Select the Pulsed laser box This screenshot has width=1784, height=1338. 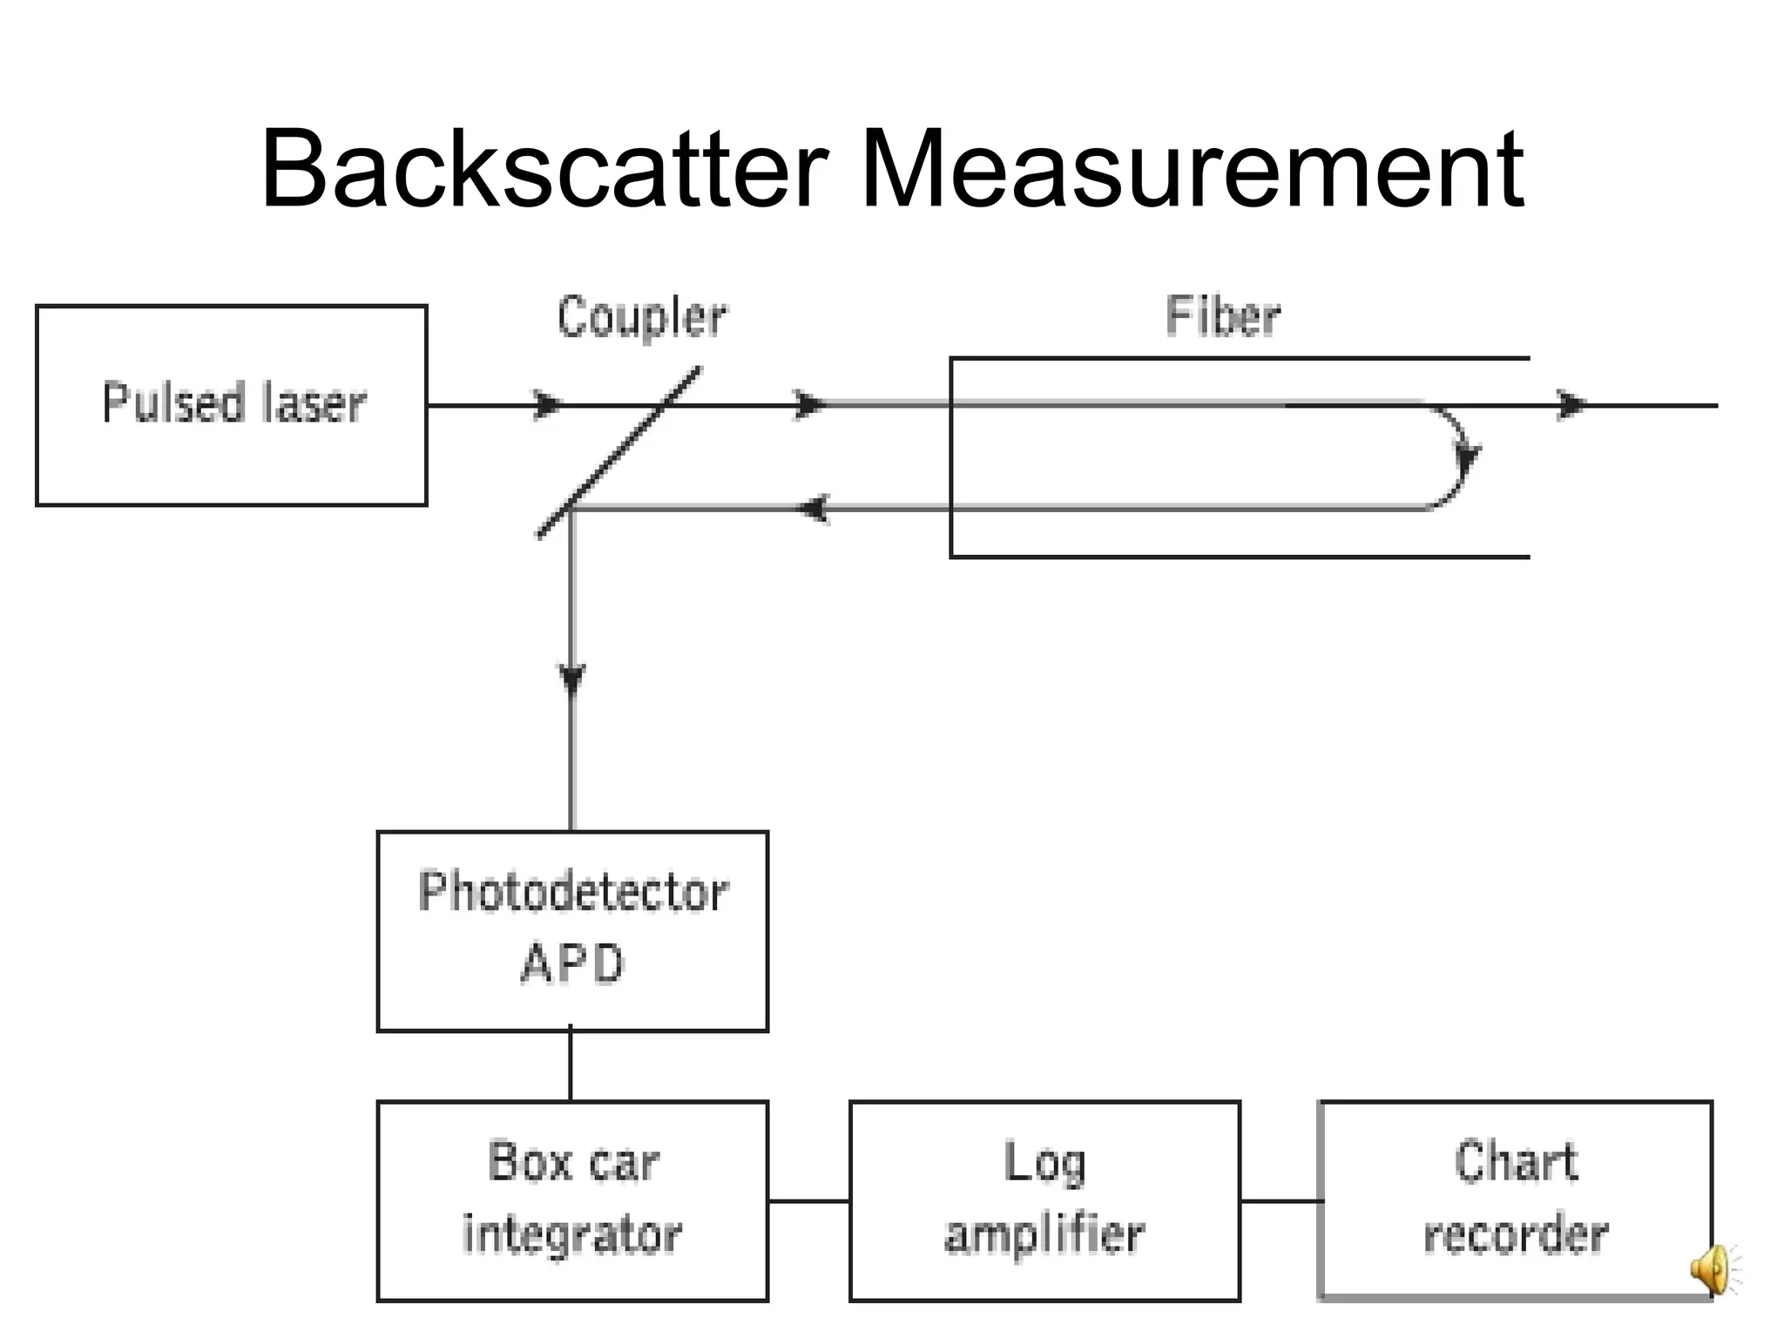(x=231, y=405)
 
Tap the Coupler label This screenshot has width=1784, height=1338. (x=641, y=318)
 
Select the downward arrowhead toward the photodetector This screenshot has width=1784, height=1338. (x=571, y=677)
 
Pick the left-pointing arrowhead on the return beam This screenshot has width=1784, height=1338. (x=814, y=508)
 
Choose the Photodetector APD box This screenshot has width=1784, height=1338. (x=572, y=930)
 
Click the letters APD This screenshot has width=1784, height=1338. (x=572, y=965)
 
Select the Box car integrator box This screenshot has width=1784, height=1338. (x=572, y=1200)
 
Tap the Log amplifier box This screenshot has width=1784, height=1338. (x=1044, y=1200)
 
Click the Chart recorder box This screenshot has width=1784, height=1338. (x=1516, y=1200)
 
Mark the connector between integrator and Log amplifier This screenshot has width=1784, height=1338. (x=808, y=1200)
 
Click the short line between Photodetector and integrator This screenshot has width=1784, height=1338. (x=571, y=1065)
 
